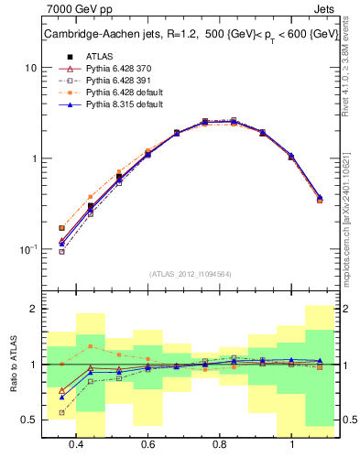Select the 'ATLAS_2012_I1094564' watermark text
point(190,273)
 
